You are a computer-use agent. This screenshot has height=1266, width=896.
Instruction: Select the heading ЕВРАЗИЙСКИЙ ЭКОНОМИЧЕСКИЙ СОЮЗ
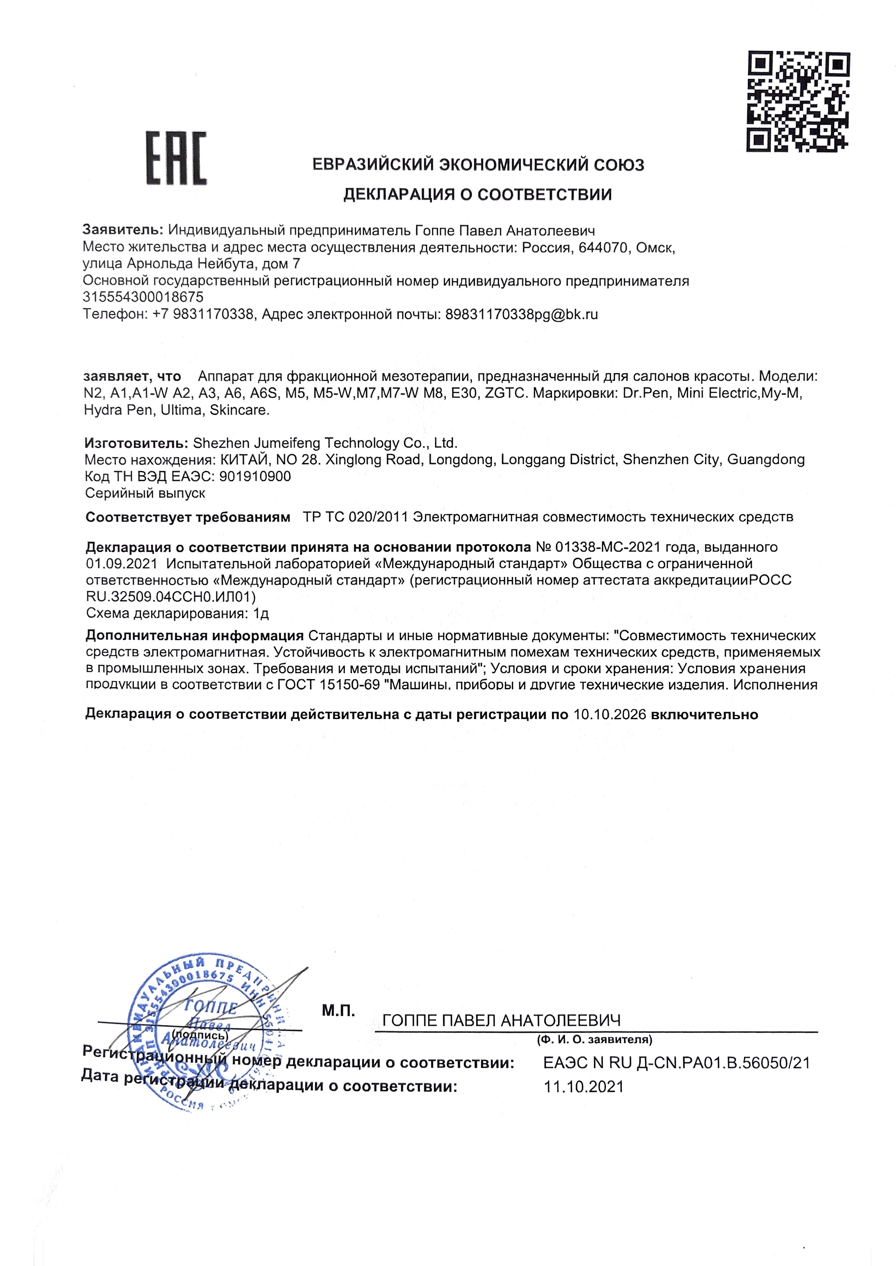coord(478,165)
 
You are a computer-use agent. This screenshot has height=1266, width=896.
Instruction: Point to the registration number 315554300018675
coord(143,297)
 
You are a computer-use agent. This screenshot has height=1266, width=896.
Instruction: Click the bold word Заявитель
coord(122,230)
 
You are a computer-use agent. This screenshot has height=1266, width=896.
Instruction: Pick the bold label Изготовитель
coord(136,443)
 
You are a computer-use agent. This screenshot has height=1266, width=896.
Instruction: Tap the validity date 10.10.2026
coord(610,715)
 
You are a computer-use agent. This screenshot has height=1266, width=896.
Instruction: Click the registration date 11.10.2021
coord(584,1087)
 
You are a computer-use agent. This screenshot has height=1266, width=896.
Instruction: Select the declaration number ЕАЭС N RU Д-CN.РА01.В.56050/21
coord(676,1063)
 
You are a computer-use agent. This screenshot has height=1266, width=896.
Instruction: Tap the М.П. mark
coord(338,1011)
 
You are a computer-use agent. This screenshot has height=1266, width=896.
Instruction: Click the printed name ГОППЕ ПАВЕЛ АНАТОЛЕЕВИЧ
coord(501,1021)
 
